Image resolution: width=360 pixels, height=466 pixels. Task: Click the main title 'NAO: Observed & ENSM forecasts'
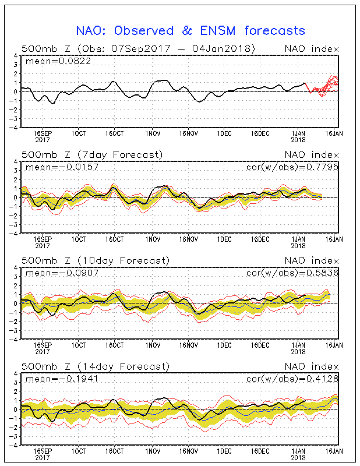[x=190, y=30]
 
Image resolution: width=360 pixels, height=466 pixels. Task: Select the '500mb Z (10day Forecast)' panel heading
[x=95, y=260]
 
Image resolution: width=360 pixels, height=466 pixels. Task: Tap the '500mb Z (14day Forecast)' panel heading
[x=95, y=366]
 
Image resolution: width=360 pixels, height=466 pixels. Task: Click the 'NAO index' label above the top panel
[x=311, y=49]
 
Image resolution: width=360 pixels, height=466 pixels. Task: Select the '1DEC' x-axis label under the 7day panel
[x=224, y=239]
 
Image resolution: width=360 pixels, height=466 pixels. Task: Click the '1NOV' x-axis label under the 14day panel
[x=153, y=450]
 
